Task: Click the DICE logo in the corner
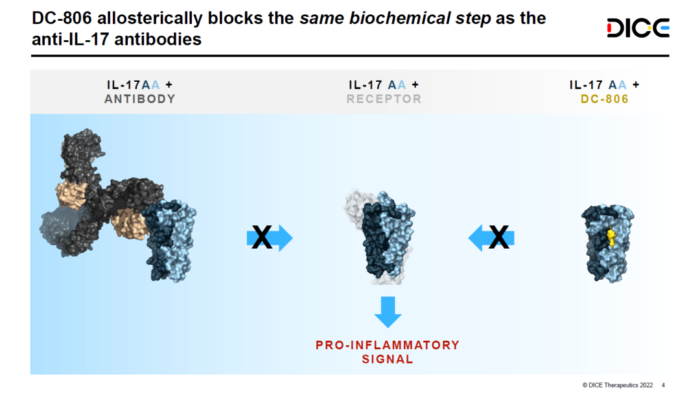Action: [637, 28]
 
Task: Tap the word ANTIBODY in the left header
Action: [140, 99]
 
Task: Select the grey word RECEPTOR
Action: [384, 99]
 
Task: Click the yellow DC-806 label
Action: [604, 99]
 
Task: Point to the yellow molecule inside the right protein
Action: [610, 237]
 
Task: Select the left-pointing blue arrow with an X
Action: [492, 238]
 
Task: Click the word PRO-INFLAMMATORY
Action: [388, 345]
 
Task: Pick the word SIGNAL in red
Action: [388, 359]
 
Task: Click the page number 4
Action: [663, 384]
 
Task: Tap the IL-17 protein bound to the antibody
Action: [170, 240]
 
